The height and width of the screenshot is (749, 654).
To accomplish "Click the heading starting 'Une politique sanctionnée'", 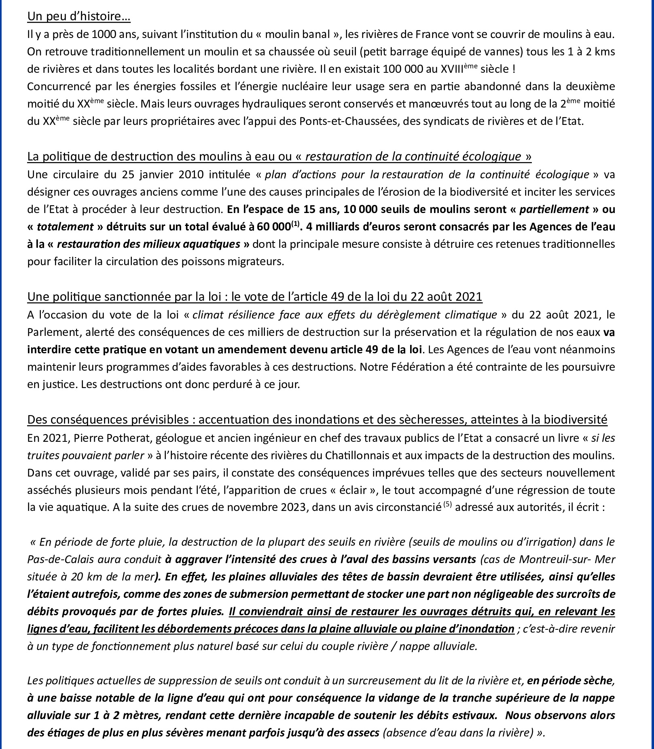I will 254,297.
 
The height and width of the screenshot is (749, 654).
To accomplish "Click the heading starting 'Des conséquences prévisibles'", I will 317,420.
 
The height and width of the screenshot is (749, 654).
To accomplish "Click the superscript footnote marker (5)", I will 447,504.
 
